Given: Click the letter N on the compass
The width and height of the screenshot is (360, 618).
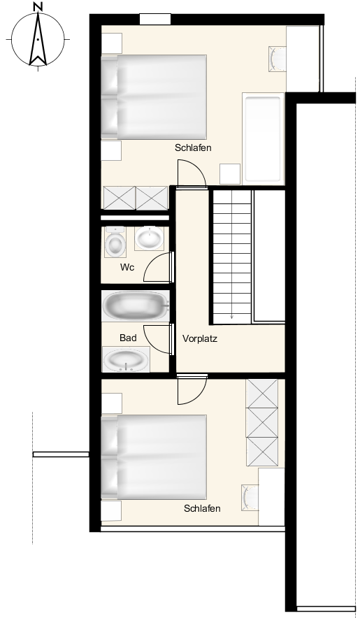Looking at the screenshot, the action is [x=38, y=6].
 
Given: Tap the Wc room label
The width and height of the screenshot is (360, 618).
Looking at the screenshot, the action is [x=127, y=267].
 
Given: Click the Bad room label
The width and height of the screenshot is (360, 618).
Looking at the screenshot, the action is [x=128, y=338].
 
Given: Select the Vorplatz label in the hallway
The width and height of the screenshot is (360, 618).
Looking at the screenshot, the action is [x=200, y=338].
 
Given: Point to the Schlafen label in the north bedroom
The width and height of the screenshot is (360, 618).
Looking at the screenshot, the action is [x=193, y=148].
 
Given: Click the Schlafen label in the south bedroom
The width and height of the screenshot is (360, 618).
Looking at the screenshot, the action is [x=202, y=508].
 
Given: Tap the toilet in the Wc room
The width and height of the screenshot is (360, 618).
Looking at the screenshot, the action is [x=115, y=242].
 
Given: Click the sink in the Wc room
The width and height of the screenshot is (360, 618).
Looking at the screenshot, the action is [x=149, y=238].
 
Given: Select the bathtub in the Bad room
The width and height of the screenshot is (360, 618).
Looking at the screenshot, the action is [x=136, y=306].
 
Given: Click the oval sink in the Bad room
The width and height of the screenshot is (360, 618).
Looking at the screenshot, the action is [x=126, y=359].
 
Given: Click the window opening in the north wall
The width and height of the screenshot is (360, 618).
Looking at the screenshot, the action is [x=155, y=19].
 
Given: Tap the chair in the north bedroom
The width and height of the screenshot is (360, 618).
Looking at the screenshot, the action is [x=278, y=59].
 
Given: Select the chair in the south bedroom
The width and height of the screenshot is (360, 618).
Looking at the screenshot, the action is [x=250, y=498].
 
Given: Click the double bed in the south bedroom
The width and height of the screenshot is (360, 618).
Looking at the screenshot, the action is [x=154, y=457].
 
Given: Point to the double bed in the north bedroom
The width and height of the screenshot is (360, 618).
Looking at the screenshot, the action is [x=154, y=97].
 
